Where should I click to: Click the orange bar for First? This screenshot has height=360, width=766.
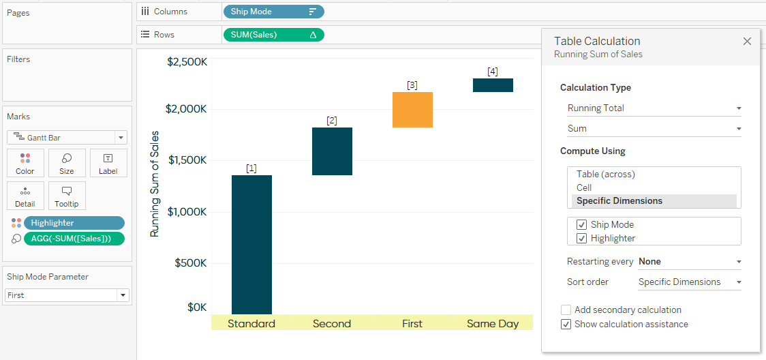click(x=412, y=110)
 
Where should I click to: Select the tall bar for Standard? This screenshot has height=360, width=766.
click(x=251, y=244)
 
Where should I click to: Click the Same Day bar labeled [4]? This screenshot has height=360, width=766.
click(x=493, y=85)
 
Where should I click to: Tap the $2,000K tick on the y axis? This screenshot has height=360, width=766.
click(x=187, y=109)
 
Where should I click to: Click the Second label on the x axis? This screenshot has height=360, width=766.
click(x=332, y=324)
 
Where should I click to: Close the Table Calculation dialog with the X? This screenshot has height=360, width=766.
click(x=747, y=42)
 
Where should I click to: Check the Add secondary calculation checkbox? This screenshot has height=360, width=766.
click(x=566, y=310)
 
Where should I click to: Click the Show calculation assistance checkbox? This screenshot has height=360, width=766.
click(x=566, y=325)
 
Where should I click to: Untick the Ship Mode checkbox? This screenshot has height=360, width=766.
click(x=581, y=225)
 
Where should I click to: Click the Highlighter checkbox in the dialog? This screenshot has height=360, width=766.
click(x=581, y=239)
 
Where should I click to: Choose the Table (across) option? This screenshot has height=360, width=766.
click(x=606, y=175)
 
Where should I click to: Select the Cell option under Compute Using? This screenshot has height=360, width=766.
click(x=584, y=187)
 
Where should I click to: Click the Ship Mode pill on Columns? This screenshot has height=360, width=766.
click(x=273, y=12)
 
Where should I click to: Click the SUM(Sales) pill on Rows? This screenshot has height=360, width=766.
click(x=273, y=35)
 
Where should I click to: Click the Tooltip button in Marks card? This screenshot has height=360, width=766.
click(x=67, y=196)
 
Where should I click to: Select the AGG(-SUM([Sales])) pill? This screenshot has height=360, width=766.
click(x=74, y=239)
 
